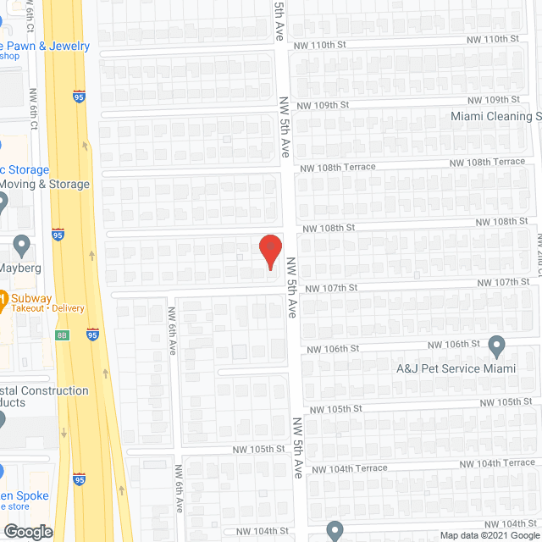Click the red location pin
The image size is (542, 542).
269,251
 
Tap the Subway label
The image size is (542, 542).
32,298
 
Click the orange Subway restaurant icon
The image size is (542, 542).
3,298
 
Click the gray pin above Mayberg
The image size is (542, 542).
23,246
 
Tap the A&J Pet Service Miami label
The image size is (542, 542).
456,368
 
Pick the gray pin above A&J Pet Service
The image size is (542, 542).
498,346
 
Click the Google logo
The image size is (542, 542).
27,532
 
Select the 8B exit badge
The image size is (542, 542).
62,335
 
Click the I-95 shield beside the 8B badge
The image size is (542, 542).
92,335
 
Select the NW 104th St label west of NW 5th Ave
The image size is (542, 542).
260,530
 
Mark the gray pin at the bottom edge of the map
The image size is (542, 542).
335,530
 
